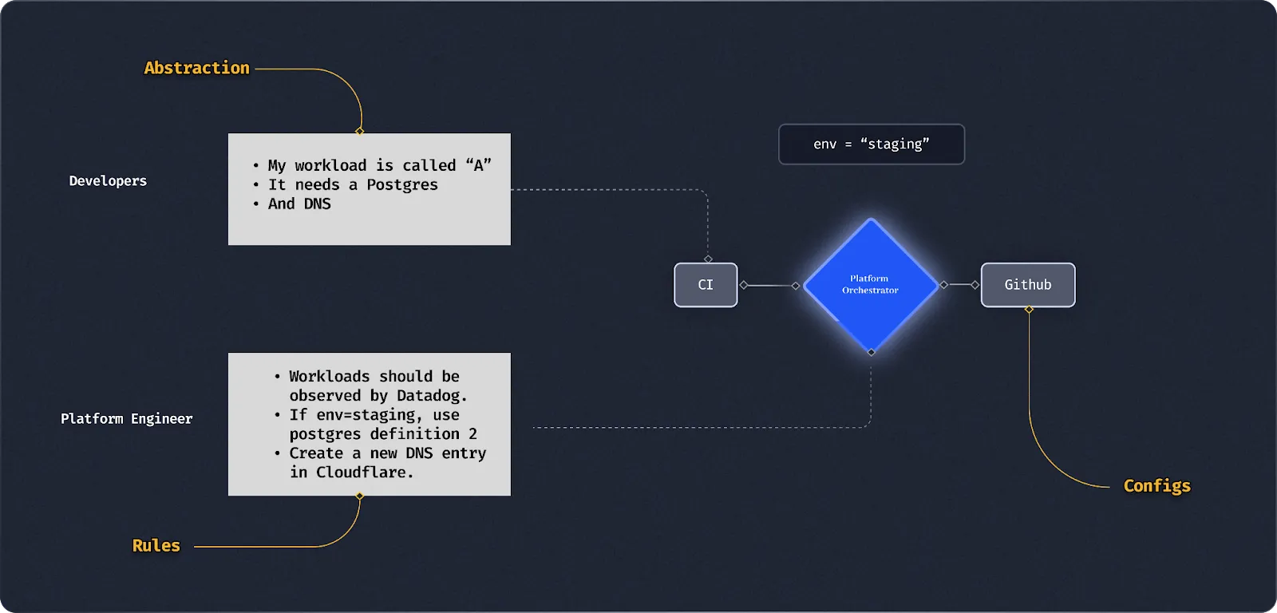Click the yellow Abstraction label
coord(196,68)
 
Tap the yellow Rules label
coord(156,546)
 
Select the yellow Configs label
coord(1156,486)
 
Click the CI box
coord(706,285)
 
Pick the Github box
coord(1028,285)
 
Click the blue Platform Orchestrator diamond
coord(870,285)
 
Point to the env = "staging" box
coord(872,144)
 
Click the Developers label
coord(108,181)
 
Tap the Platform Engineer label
coord(127,419)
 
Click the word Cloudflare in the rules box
coord(364,473)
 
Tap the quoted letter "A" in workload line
coord(479,165)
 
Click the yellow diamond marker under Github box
coord(1029,310)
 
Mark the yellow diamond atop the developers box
coord(360,131)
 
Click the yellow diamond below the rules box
coord(360,496)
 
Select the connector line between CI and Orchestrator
coord(769,285)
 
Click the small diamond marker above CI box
coord(708,259)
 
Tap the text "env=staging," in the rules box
coord(370,415)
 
